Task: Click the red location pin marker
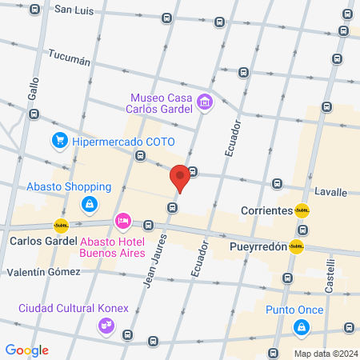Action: click(x=180, y=178)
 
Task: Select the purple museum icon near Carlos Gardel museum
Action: click(x=206, y=102)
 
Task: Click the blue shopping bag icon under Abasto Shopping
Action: click(x=90, y=206)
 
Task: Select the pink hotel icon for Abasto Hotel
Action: click(x=122, y=220)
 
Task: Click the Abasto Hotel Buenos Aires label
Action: click(x=112, y=247)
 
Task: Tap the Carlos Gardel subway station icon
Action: click(x=61, y=226)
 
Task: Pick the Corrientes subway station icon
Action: click(x=302, y=210)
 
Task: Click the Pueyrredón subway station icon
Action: click(x=298, y=246)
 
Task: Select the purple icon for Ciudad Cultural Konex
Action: click(x=106, y=325)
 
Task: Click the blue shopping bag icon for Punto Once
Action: click(x=302, y=326)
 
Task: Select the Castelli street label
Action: click(x=330, y=272)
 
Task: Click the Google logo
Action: click(x=27, y=350)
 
